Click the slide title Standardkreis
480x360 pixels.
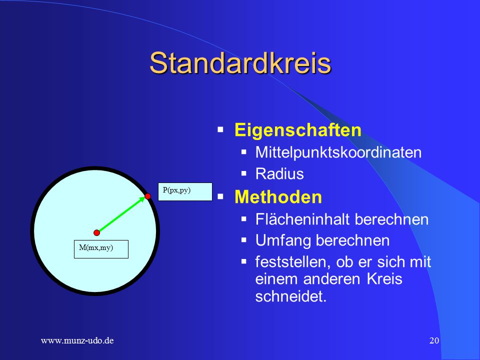pos(240,63)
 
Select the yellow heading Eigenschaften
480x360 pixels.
pos(298,130)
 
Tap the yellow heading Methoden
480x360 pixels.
pos(278,197)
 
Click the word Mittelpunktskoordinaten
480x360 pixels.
pos(338,153)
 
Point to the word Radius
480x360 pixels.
pos(279,174)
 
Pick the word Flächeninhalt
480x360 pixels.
pos(302,219)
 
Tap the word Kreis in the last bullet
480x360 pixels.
pos(384,278)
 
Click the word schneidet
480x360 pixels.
pos(291,296)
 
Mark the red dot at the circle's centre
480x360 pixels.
pos(96,232)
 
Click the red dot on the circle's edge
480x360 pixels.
pos(147,196)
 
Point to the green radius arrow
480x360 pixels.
pos(122,214)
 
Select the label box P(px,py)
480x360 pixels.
pos(185,192)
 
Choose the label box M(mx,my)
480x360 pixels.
pos(101,249)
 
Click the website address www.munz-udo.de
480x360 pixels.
pos(77,340)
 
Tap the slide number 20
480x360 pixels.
pos(434,340)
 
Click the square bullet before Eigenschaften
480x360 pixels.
pos(220,129)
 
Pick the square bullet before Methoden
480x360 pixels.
pos(220,196)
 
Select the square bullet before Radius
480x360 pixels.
pos(243,173)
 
